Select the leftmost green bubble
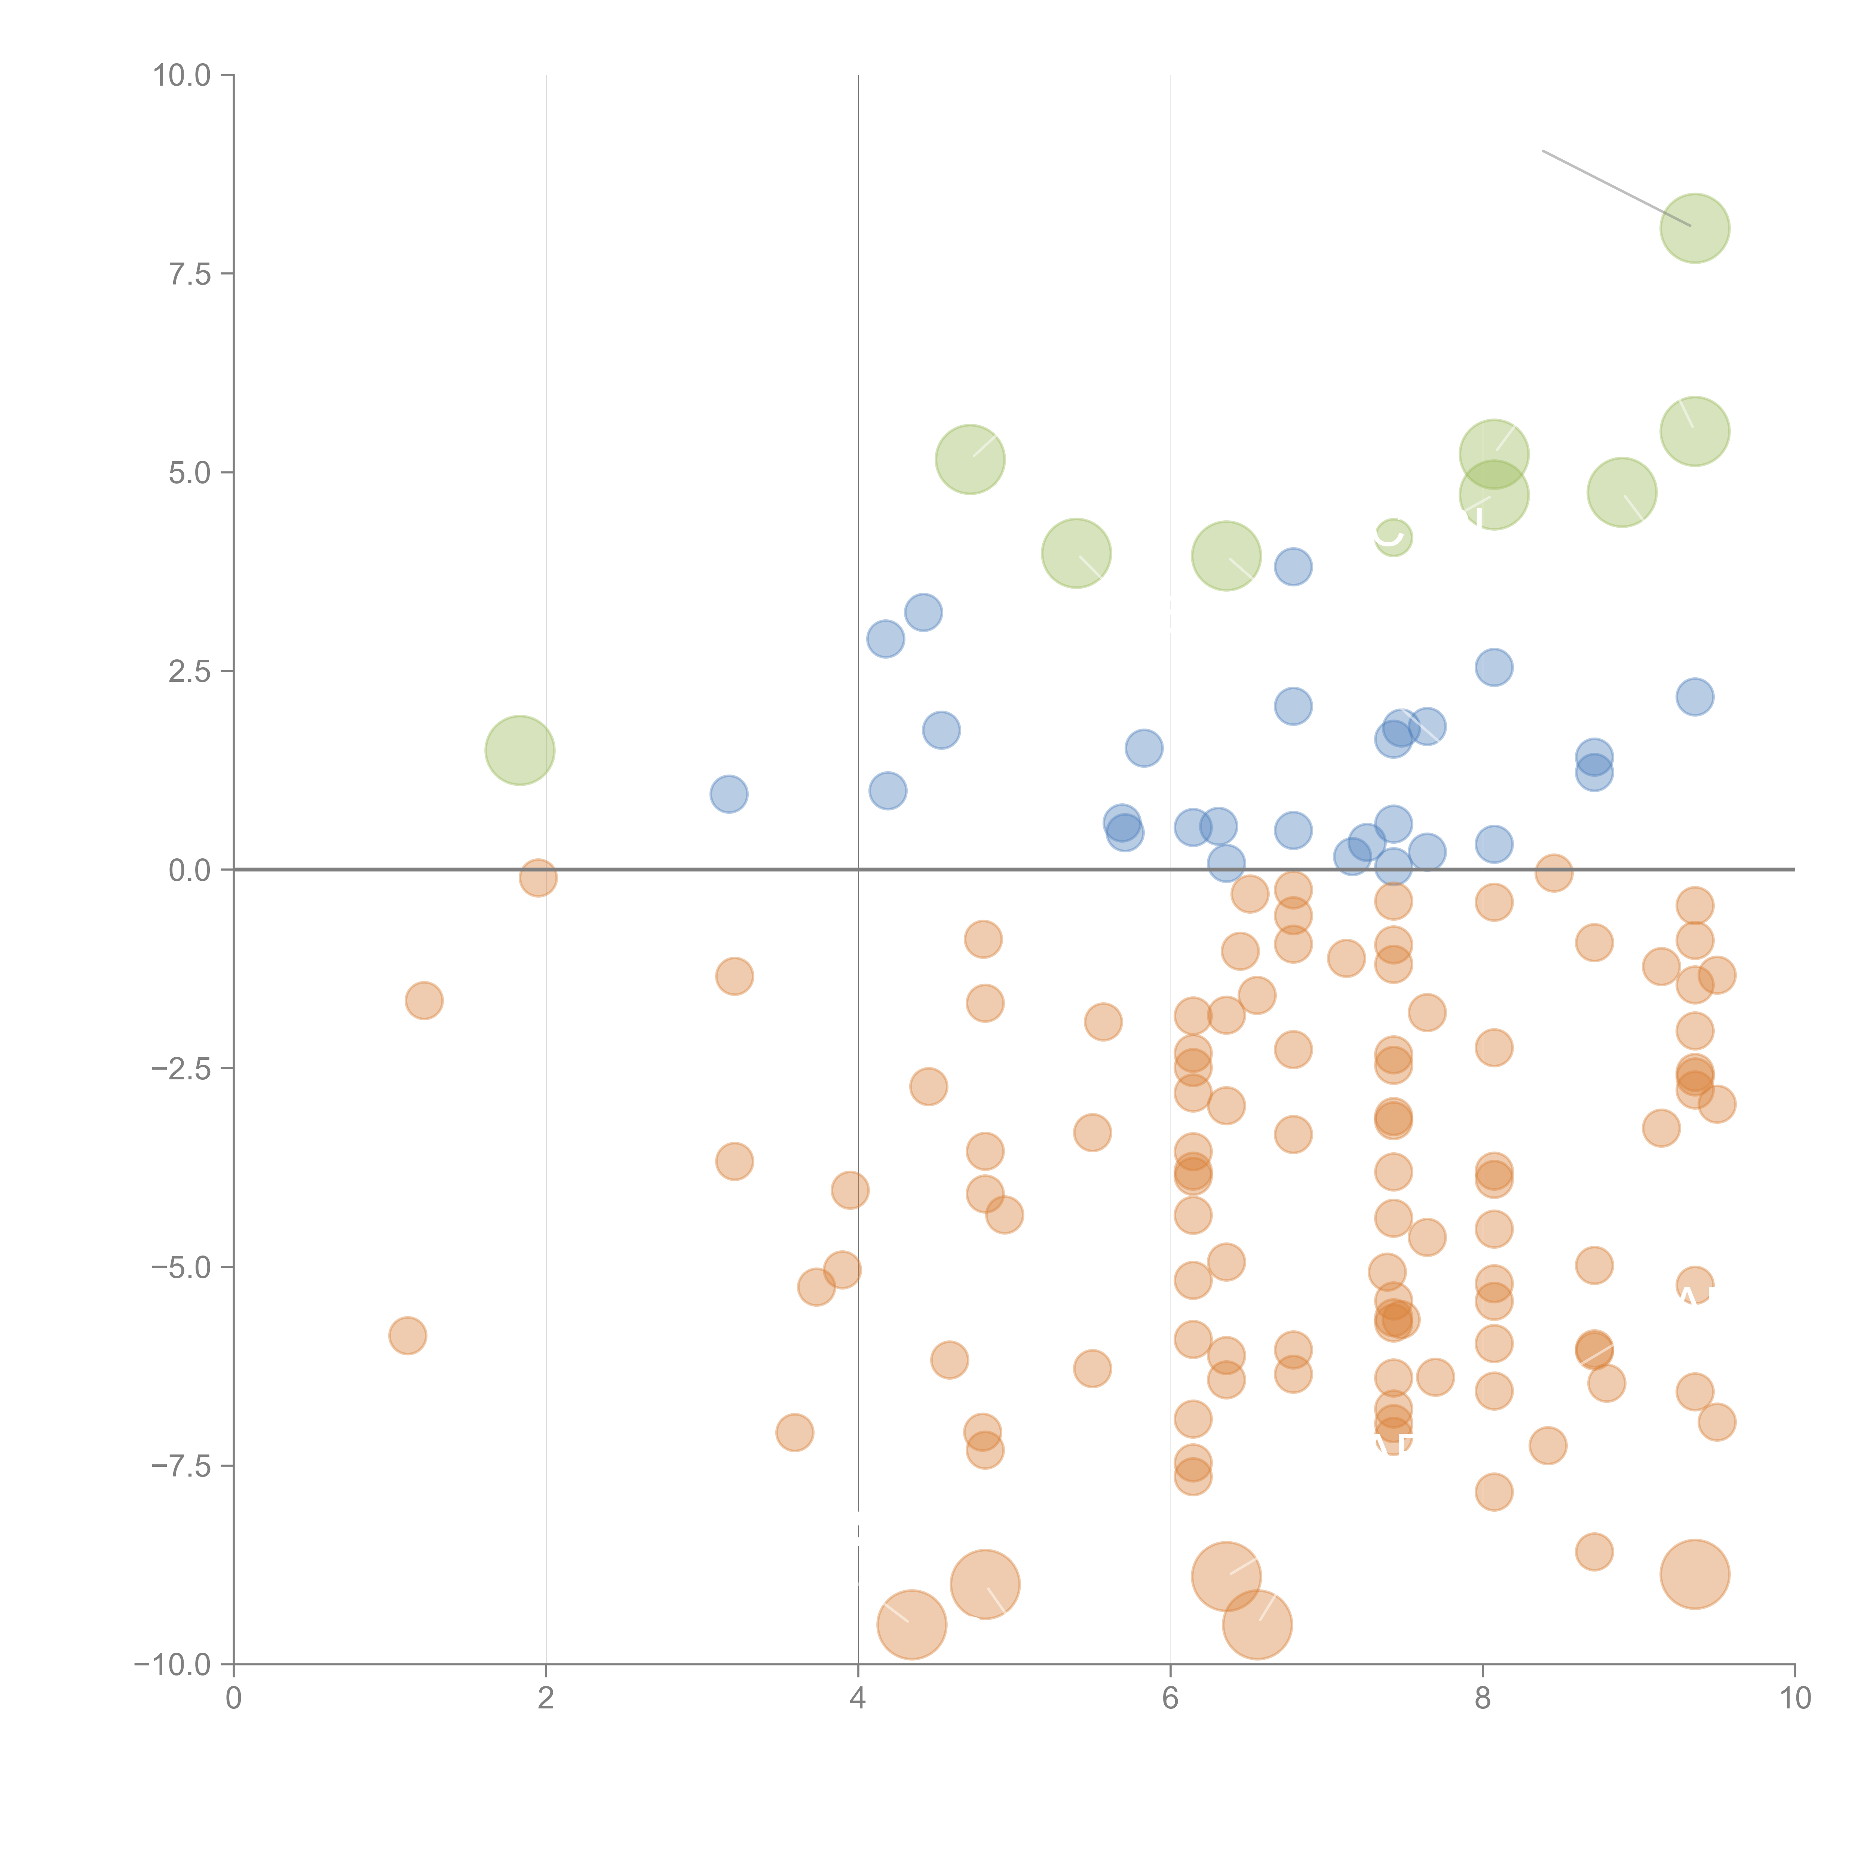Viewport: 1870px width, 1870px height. (520, 750)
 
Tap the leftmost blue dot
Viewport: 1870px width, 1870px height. (729, 794)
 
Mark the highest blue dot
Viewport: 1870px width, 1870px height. (1293, 566)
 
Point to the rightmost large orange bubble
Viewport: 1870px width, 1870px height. (1694, 1574)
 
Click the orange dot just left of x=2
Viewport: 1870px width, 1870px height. (538, 878)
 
